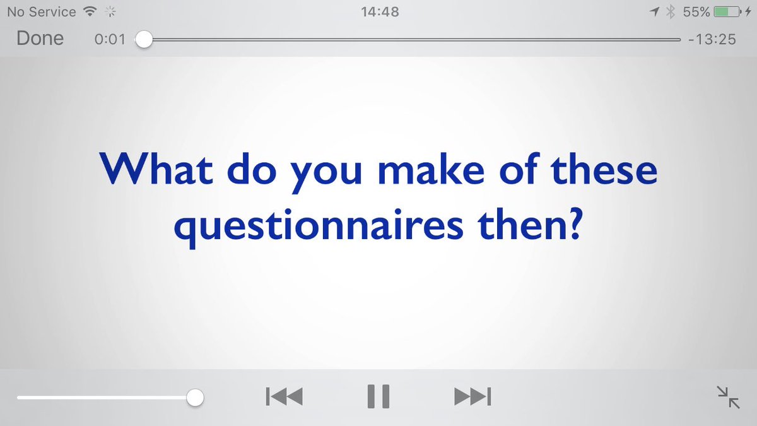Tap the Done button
40,38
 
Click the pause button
378,396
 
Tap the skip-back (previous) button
284,397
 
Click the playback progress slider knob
144,39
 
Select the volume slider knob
196,398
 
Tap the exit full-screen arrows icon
729,398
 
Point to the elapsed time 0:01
110,39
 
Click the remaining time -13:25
712,39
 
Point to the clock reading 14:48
378,11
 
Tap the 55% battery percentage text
696,11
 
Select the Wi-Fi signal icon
90,11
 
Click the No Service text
41,11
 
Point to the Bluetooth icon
671,11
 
